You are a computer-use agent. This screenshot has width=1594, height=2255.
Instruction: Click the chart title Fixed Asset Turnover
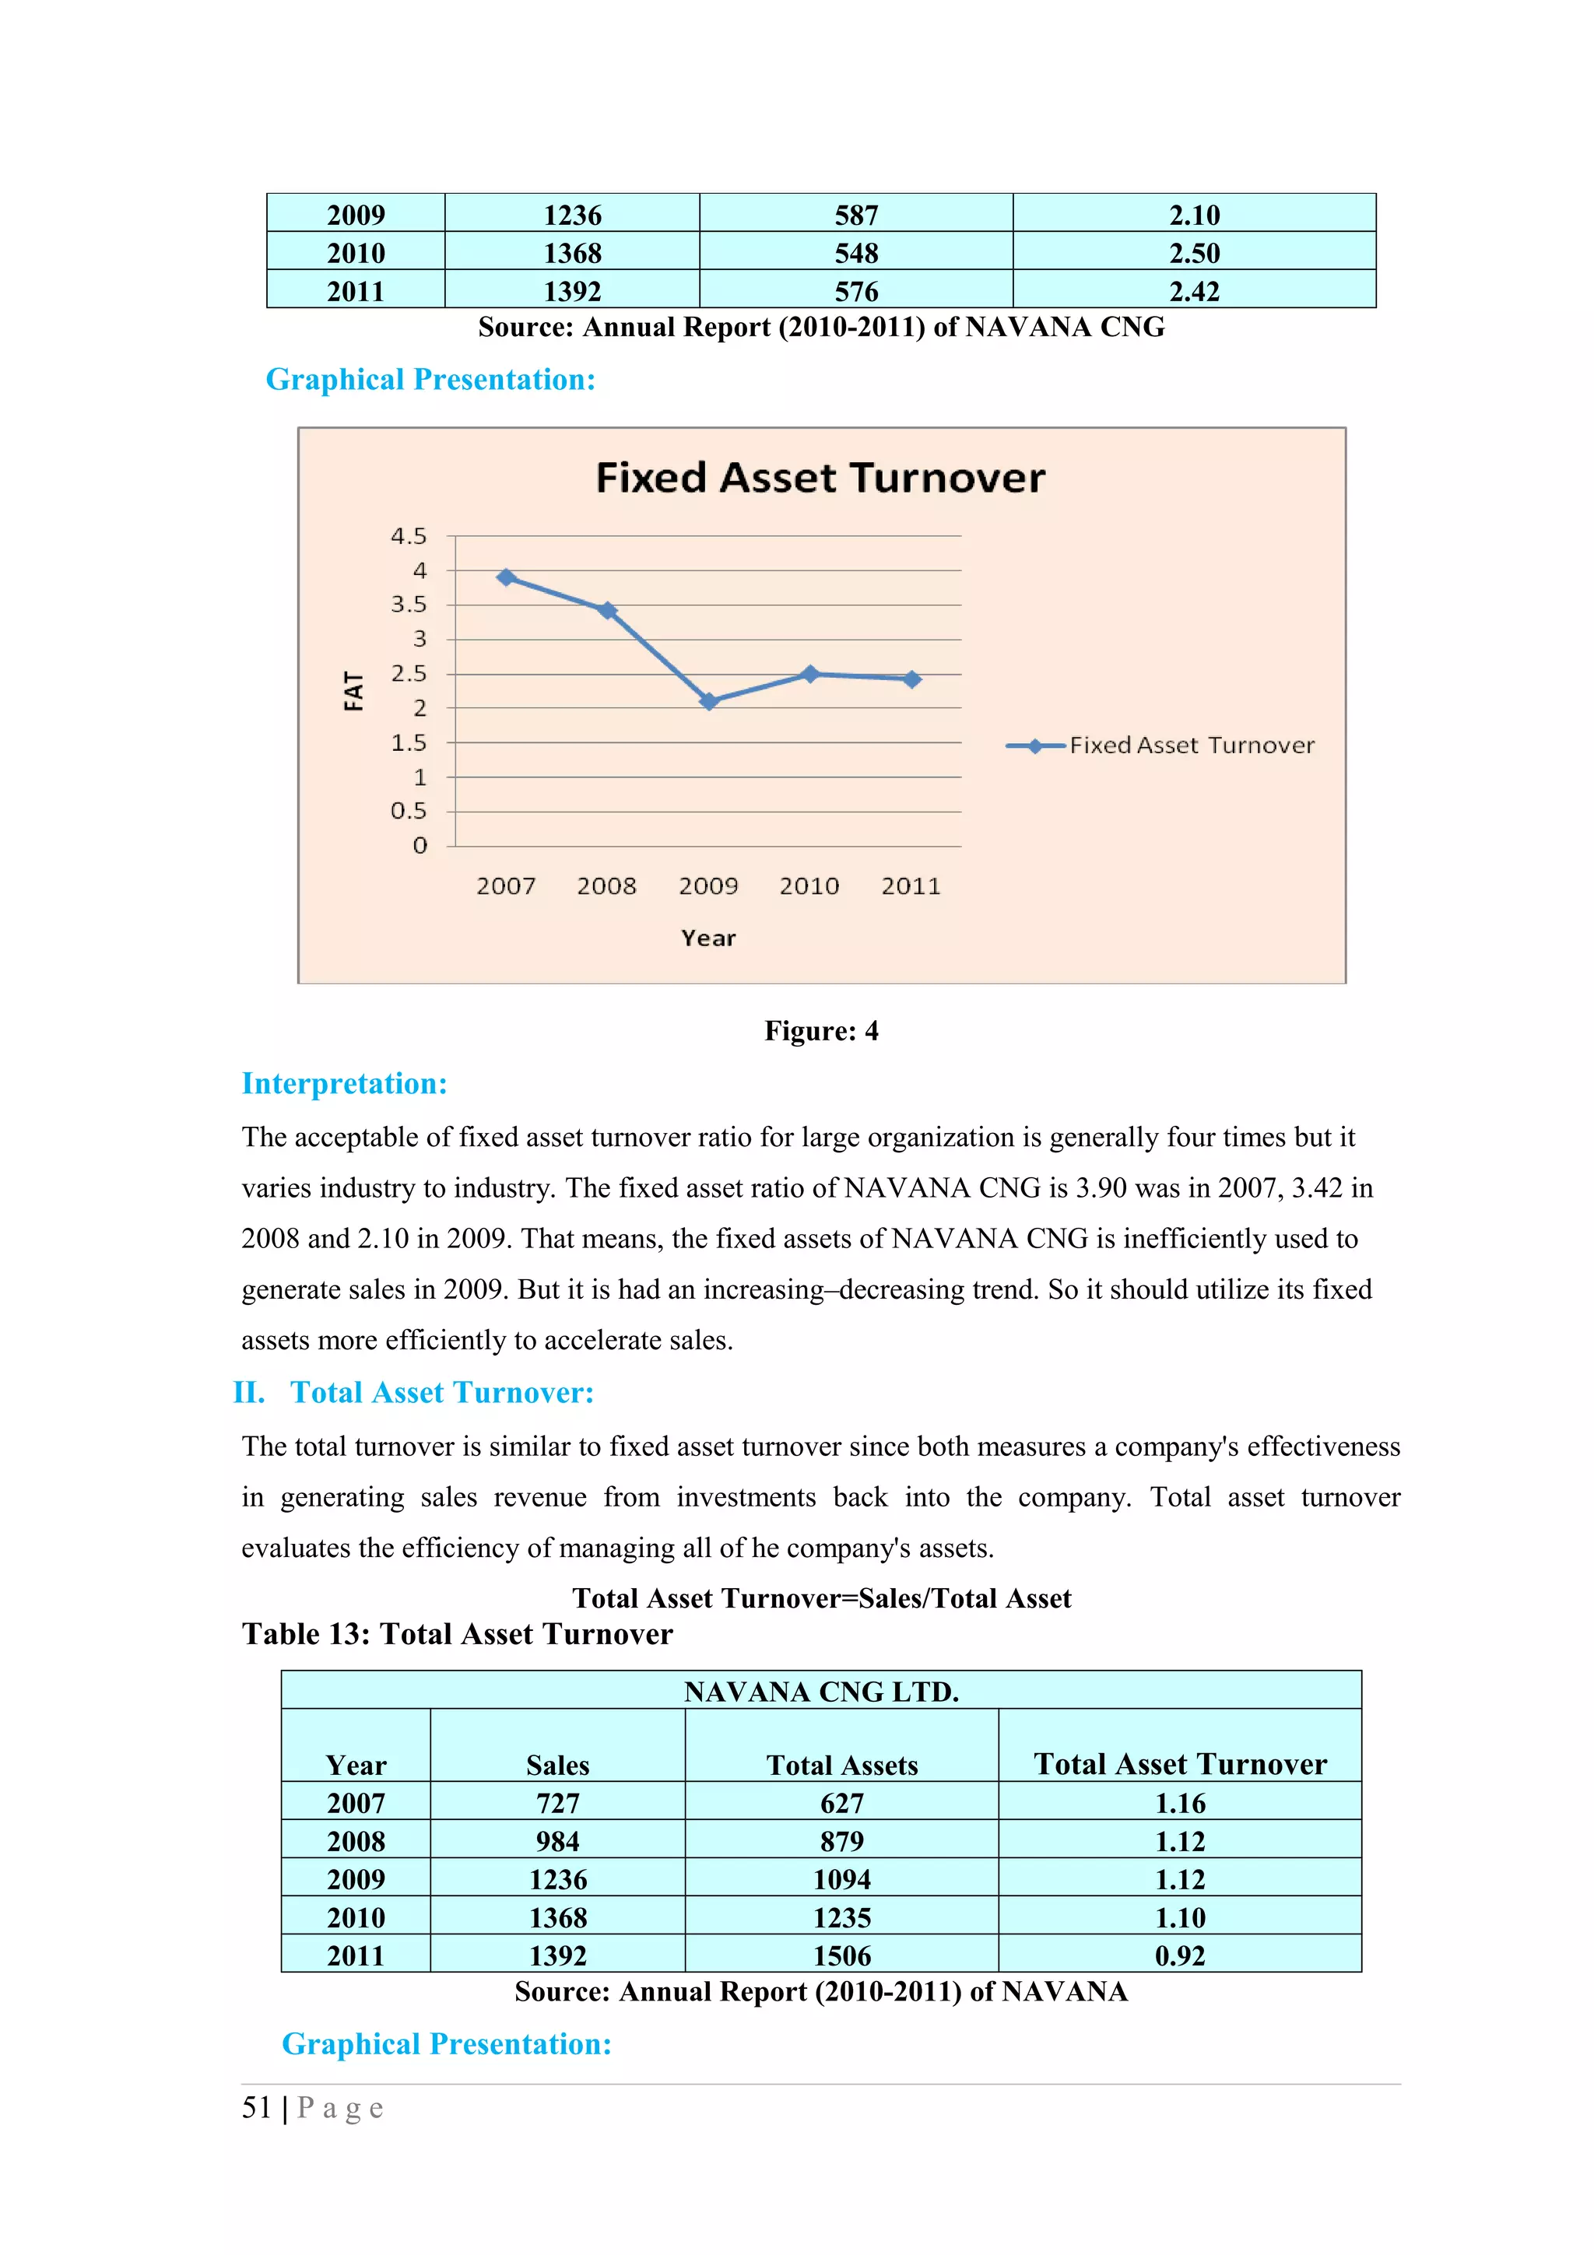click(820, 479)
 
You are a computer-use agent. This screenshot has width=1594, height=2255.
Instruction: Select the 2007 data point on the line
click(506, 577)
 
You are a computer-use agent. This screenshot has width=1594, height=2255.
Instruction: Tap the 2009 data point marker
click(709, 701)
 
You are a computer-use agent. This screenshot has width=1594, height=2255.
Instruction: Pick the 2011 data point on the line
click(911, 679)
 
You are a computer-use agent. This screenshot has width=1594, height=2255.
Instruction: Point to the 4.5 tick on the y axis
click(409, 536)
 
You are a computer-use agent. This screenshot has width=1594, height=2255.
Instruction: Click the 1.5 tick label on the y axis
click(409, 742)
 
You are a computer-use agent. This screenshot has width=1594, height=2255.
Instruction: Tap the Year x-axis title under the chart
click(708, 938)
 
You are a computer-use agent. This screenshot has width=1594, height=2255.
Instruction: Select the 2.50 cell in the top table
click(1194, 254)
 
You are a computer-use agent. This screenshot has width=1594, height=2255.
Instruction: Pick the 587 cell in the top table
click(856, 215)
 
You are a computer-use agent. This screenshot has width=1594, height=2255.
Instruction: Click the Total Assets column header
click(841, 1765)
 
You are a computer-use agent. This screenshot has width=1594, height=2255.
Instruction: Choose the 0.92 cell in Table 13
click(1179, 1955)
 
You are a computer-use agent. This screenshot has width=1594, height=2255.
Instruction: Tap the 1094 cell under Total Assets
click(841, 1879)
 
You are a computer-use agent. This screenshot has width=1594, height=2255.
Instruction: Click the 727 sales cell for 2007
click(558, 1803)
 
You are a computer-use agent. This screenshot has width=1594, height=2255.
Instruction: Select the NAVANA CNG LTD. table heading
click(821, 1692)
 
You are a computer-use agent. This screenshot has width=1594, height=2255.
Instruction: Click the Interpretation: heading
click(345, 1083)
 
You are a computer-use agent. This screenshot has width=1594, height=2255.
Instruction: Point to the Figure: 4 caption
click(821, 1030)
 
